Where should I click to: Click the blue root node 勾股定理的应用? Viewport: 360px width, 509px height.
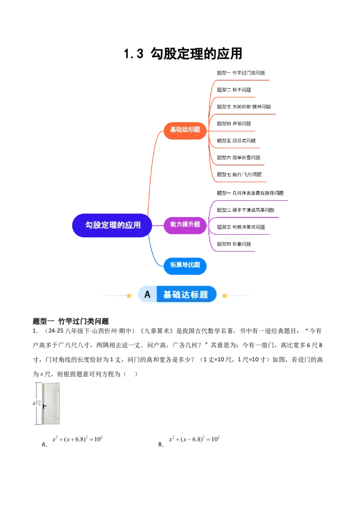pos(112,225)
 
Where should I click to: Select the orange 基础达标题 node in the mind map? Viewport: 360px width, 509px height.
pos(185,129)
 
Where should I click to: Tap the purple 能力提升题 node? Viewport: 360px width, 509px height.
pos(185,224)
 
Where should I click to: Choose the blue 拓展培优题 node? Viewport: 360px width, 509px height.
pos(185,265)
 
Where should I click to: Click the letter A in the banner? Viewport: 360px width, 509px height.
pos(147,295)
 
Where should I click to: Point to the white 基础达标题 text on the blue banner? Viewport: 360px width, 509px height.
pos(185,295)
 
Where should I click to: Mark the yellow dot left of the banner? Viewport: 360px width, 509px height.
pos(129,295)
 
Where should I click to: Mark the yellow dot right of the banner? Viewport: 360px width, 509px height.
pos(225,295)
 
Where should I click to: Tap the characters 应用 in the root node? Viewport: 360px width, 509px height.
pos(134,225)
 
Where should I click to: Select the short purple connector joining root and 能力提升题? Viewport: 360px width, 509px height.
pos(157,224)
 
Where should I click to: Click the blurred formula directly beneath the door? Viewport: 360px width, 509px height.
pos(79,439)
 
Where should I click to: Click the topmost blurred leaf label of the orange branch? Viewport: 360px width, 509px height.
pos(241,71)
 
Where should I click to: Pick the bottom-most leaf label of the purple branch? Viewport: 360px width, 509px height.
pos(234,244)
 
